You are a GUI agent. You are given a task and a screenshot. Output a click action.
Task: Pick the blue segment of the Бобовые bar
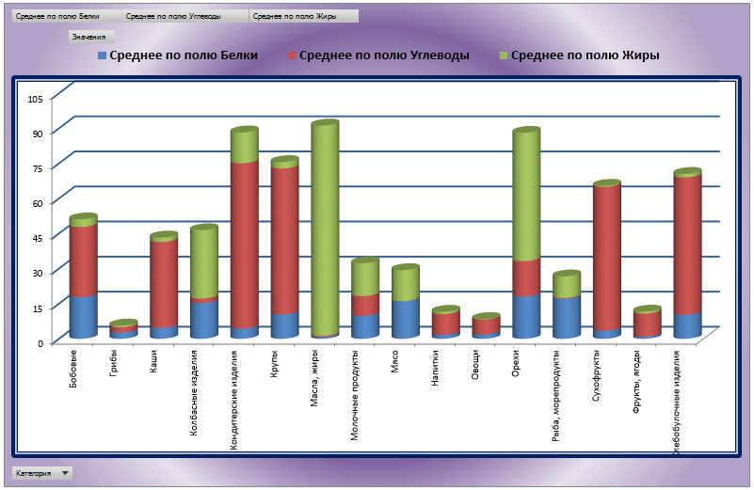point(83,316)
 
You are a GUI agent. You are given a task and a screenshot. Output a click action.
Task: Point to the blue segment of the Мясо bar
point(406,318)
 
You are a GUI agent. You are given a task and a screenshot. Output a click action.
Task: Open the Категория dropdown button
point(65,473)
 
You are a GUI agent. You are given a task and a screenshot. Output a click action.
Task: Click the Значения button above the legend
point(91,36)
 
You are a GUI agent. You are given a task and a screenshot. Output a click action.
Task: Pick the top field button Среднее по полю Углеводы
point(186,16)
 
